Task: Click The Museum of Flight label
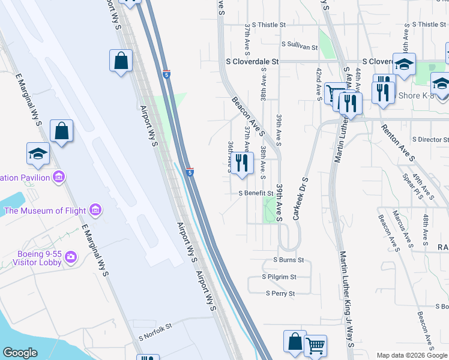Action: [x=45, y=211]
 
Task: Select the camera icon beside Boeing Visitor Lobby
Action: [x=71, y=257]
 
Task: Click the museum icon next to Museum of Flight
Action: [x=95, y=210]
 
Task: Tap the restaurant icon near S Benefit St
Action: [x=242, y=163]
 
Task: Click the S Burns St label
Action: [x=289, y=260]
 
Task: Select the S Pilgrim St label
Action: [x=279, y=277]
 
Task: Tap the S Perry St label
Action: [x=280, y=294]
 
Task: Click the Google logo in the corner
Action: [x=20, y=353]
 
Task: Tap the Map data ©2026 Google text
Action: [x=412, y=355]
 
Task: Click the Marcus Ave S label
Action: [x=402, y=228]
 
